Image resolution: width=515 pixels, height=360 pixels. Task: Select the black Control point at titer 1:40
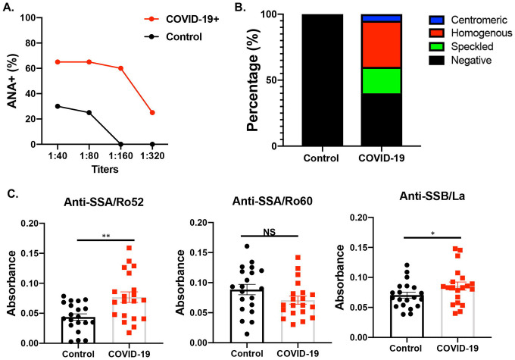click(58, 106)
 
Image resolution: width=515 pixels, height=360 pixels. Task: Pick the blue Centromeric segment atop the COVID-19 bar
click(380, 18)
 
